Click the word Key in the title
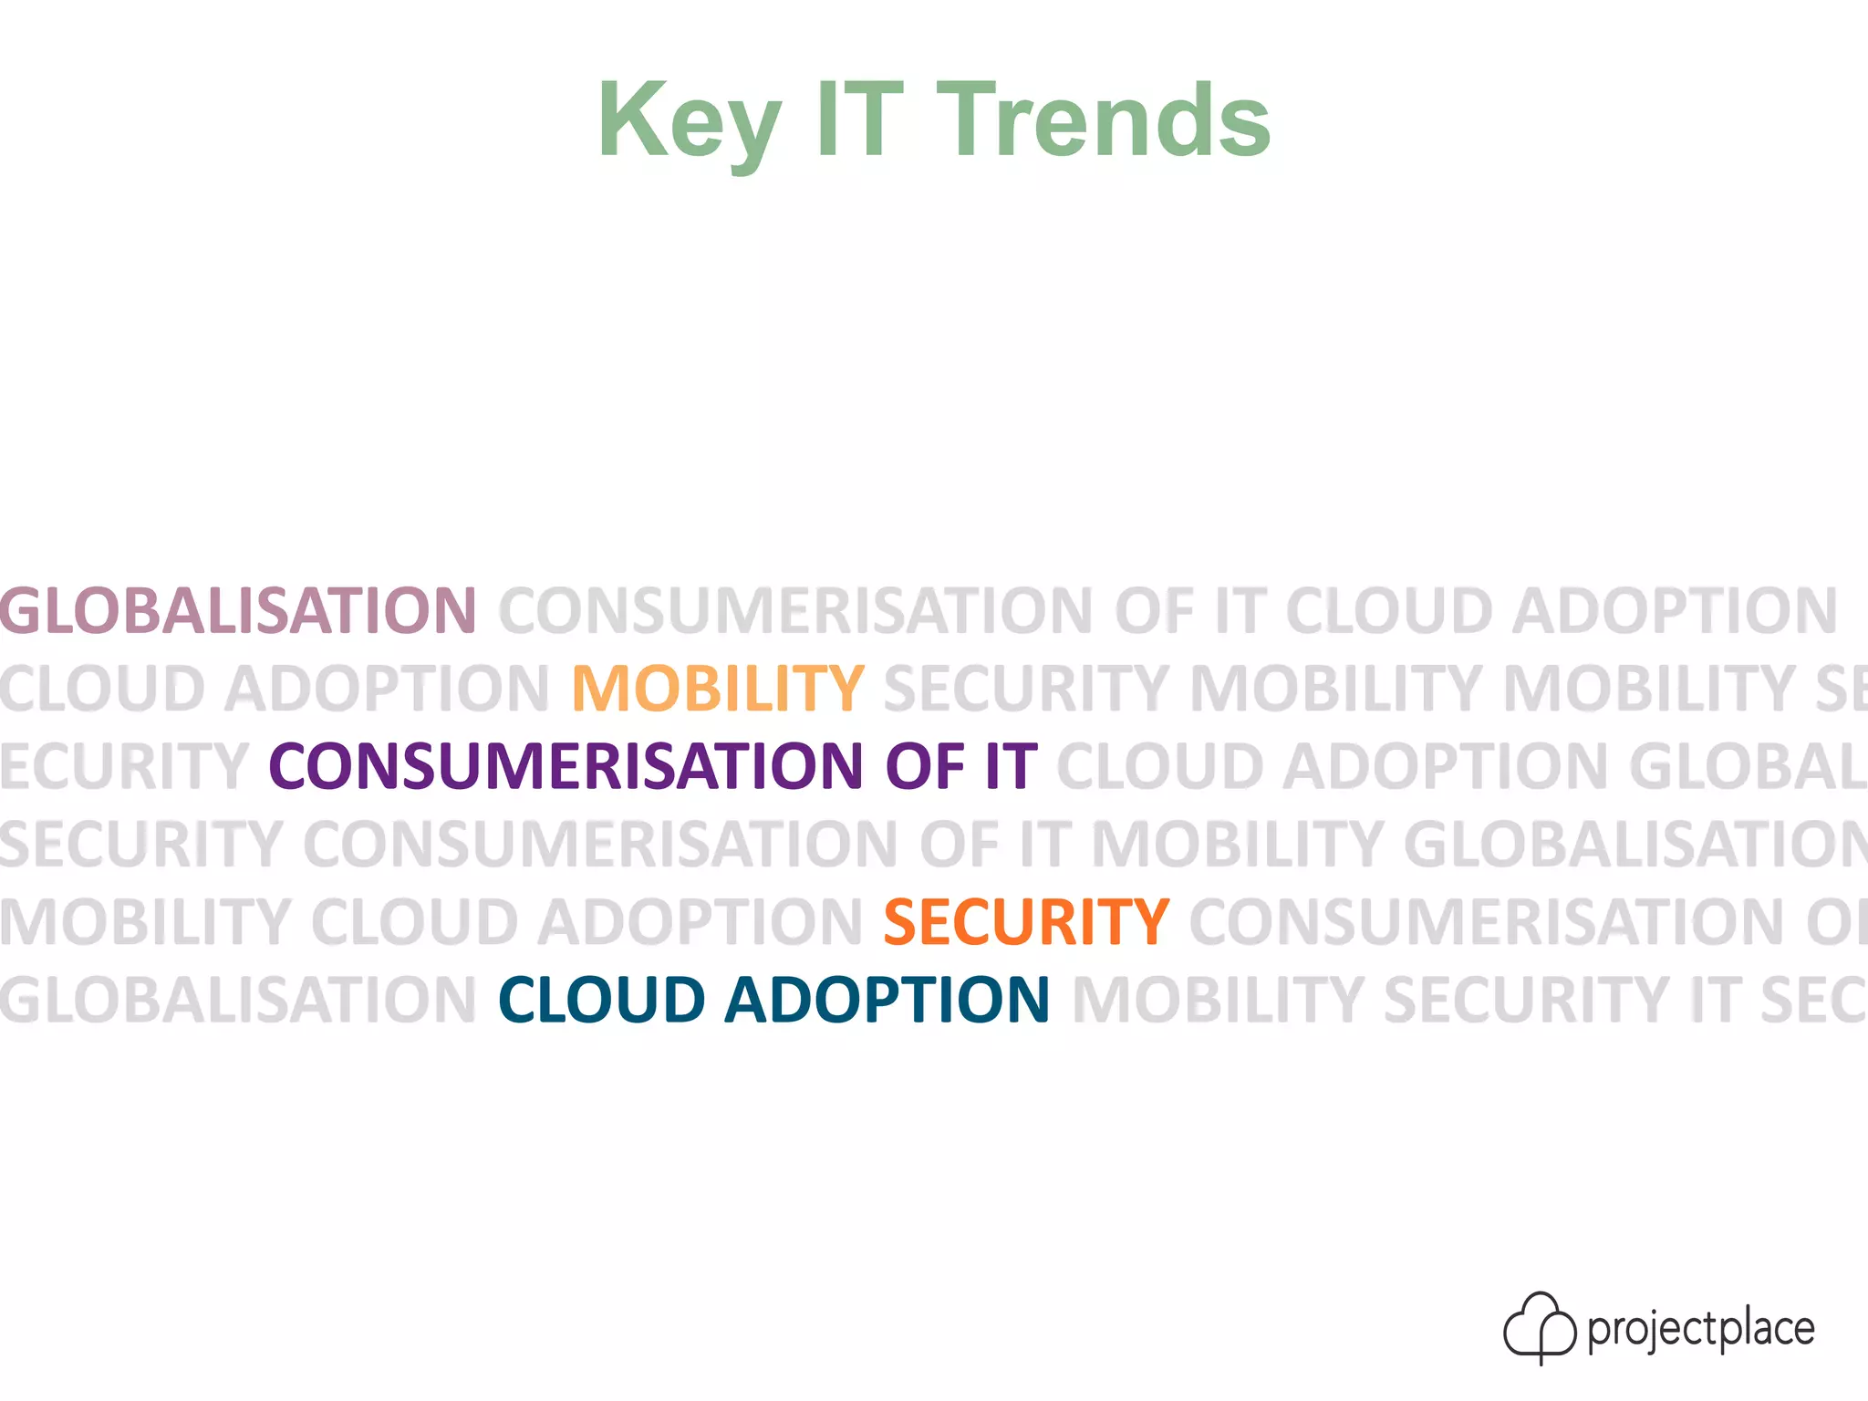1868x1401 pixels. (x=689, y=121)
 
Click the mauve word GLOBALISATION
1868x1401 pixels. (x=238, y=610)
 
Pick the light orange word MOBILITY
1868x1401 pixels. (x=718, y=688)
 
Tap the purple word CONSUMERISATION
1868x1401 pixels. (x=566, y=765)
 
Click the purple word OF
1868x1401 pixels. (x=924, y=765)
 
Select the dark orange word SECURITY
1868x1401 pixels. (x=1026, y=922)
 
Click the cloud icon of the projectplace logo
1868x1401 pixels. (x=1539, y=1327)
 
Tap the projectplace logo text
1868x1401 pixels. (x=1701, y=1329)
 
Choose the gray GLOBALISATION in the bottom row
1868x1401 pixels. (x=238, y=1000)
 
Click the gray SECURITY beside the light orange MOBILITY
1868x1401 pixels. (x=1026, y=688)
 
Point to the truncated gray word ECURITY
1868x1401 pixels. (x=124, y=765)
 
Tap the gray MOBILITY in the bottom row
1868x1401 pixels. (x=1218, y=1000)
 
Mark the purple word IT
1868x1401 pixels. (x=1011, y=765)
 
